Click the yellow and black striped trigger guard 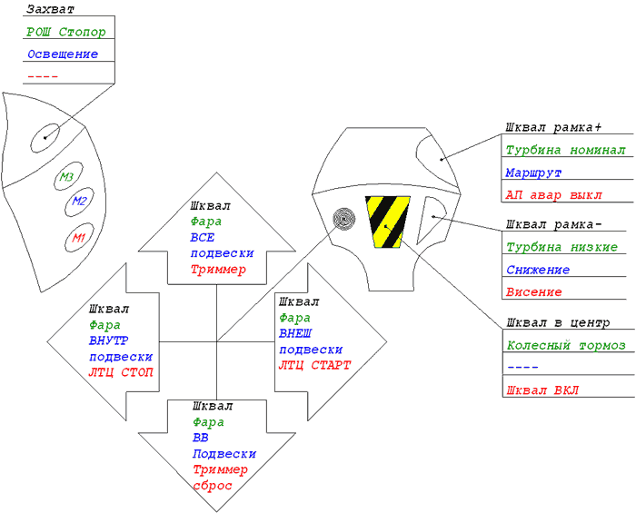[x=388, y=222]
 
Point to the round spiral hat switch [x=344, y=219]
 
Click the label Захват [x=50, y=9]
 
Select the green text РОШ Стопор [x=66, y=32]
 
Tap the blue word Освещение [x=63, y=54]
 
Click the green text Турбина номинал [x=566, y=151]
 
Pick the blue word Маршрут [x=533, y=173]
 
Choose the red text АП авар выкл [x=553, y=195]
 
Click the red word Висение [x=534, y=292]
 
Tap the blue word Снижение [x=538, y=270]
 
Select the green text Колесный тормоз [x=566, y=346]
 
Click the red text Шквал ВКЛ [x=542, y=390]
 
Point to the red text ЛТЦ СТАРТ [x=314, y=366]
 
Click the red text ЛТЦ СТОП [x=121, y=372]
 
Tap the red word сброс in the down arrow [x=213, y=486]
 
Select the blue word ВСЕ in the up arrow [x=203, y=238]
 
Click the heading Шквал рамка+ [x=553, y=128]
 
